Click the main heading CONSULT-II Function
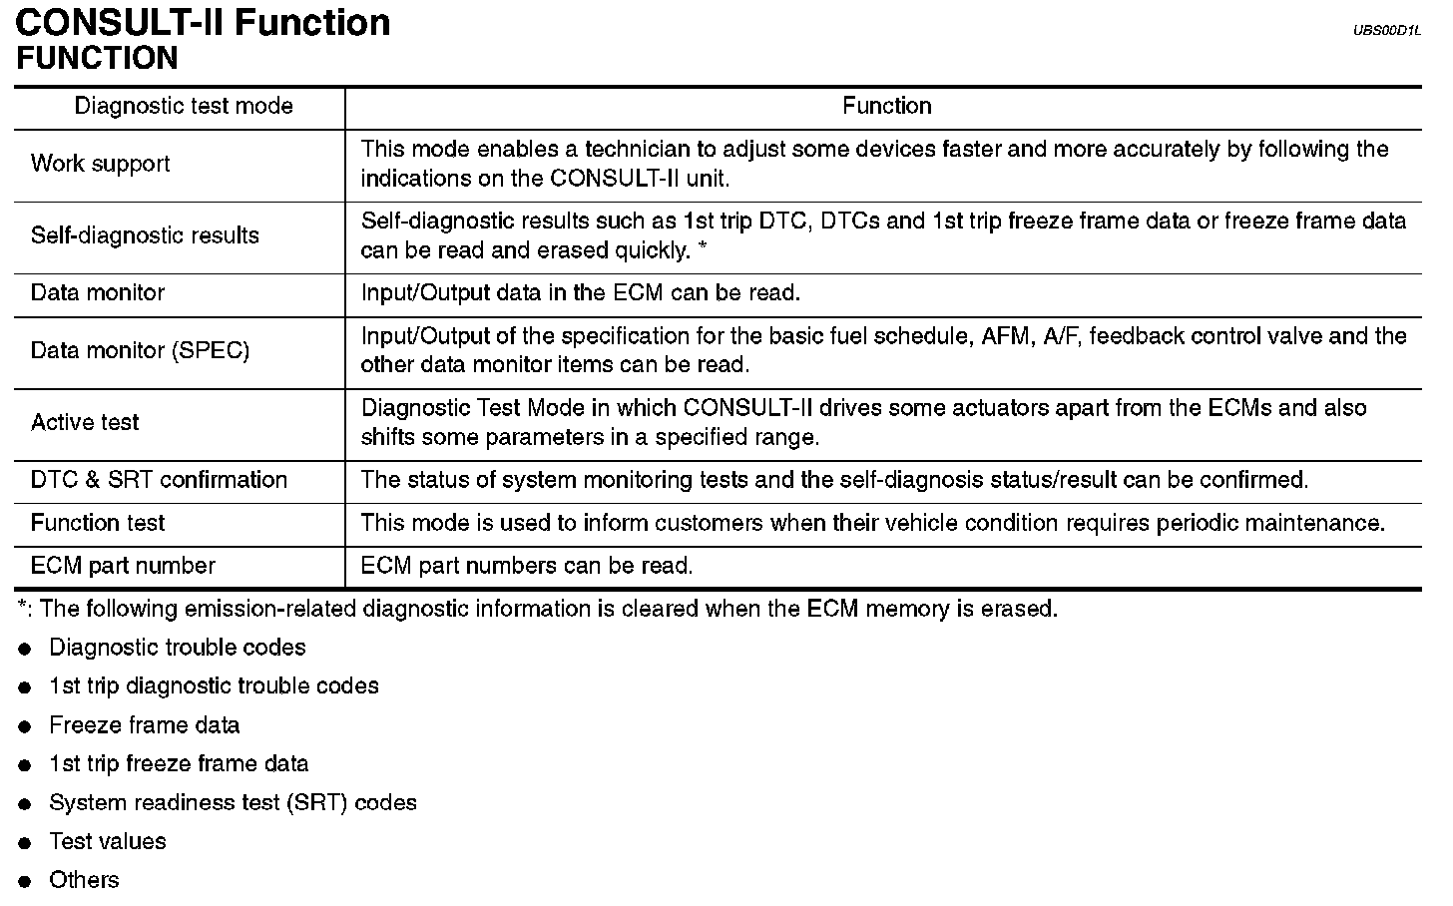click(203, 22)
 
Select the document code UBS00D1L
click(1385, 31)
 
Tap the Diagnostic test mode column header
click(184, 107)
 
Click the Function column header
click(886, 107)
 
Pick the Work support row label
click(100, 164)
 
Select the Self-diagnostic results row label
click(145, 235)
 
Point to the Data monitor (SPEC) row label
click(140, 351)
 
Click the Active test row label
click(85, 423)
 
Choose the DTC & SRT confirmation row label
click(159, 480)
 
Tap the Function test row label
click(98, 523)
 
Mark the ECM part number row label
click(123, 566)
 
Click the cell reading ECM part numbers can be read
click(526, 566)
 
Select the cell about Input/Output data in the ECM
click(580, 293)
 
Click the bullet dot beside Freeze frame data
click(26, 727)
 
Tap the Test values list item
click(108, 841)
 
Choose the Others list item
click(84, 880)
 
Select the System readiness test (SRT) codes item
click(233, 803)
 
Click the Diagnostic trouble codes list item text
click(178, 648)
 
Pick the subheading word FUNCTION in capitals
click(97, 58)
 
